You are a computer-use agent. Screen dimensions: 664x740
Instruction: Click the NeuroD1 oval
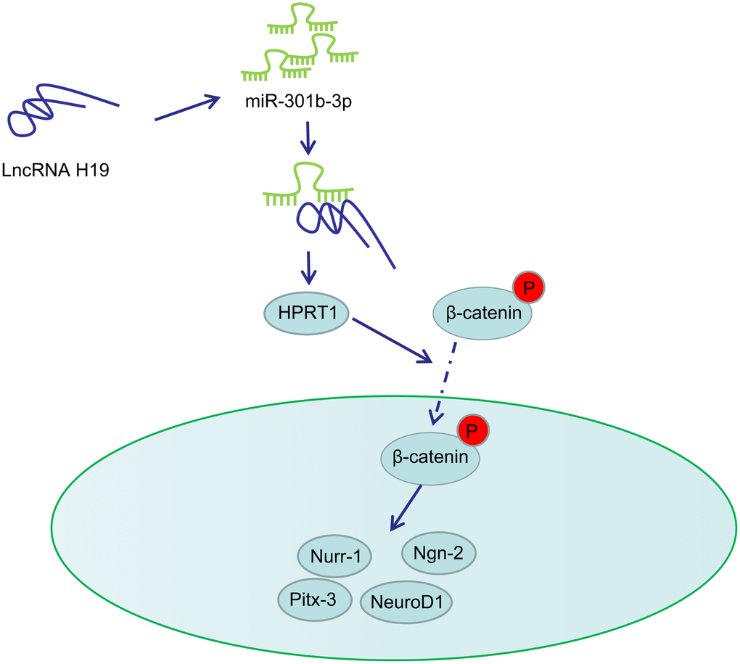pos(407,601)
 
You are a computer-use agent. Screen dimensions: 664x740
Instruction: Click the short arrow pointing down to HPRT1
pos(309,268)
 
